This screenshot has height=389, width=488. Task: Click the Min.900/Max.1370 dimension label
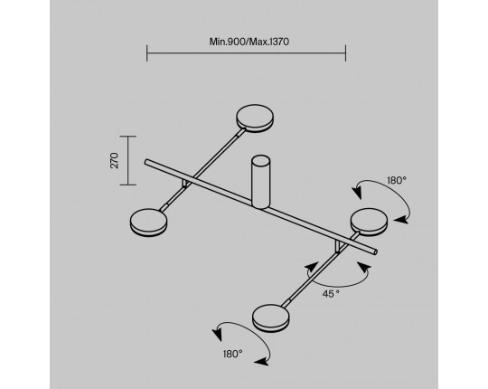pyautogui.click(x=249, y=42)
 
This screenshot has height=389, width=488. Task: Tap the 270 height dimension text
pyautogui.click(x=115, y=160)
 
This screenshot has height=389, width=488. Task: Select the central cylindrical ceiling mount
pyautogui.click(x=261, y=182)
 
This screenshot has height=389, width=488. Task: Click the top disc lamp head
pyautogui.click(x=255, y=119)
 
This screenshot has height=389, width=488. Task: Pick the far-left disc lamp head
pyautogui.click(x=148, y=223)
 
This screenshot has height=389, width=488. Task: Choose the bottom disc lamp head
pyautogui.click(x=271, y=318)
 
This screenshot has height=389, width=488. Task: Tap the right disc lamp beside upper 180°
pyautogui.click(x=369, y=222)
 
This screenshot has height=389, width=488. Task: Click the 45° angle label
pyautogui.click(x=331, y=294)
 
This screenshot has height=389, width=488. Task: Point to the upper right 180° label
pyautogui.click(x=397, y=180)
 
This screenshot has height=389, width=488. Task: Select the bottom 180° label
pyautogui.click(x=232, y=354)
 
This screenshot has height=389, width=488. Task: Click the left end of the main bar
pyautogui.click(x=146, y=162)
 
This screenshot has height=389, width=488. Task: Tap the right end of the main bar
pyautogui.click(x=375, y=251)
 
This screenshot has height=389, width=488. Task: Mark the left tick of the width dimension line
pyautogui.click(x=147, y=53)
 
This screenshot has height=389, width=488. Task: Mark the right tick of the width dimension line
pyautogui.click(x=345, y=53)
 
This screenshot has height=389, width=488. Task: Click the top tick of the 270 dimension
pyautogui.click(x=128, y=136)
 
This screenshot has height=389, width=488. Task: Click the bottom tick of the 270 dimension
pyautogui.click(x=128, y=185)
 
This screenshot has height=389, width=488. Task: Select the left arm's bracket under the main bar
pyautogui.click(x=186, y=183)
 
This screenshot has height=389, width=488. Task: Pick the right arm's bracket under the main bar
pyautogui.click(x=338, y=246)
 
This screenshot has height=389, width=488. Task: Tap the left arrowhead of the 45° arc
pyautogui.click(x=312, y=268)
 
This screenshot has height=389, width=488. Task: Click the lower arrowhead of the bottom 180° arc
pyautogui.click(x=261, y=361)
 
